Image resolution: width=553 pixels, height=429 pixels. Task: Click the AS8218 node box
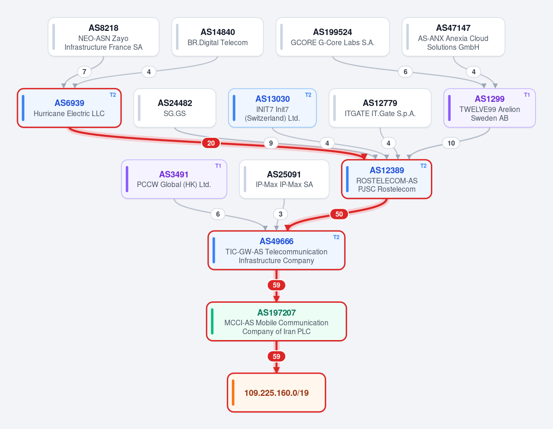click(x=104, y=37)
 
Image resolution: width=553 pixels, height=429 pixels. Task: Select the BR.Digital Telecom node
click(x=218, y=37)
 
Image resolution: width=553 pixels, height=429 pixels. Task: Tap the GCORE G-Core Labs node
click(x=333, y=37)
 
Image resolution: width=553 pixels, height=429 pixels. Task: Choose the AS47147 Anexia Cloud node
click(x=453, y=37)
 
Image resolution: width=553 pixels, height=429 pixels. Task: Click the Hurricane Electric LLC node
click(x=69, y=108)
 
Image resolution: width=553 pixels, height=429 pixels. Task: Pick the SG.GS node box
click(x=175, y=108)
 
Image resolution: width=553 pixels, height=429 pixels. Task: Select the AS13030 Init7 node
click(x=272, y=108)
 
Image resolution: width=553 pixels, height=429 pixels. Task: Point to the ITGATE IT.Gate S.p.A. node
click(x=380, y=108)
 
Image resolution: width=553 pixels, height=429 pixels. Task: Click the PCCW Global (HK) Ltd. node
click(x=174, y=179)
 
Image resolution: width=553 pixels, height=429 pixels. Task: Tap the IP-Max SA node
click(x=284, y=179)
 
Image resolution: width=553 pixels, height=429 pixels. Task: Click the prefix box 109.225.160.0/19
click(x=276, y=393)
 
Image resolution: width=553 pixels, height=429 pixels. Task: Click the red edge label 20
click(x=211, y=143)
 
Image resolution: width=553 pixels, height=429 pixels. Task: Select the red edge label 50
click(x=339, y=214)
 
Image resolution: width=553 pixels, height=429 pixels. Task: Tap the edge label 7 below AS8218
click(x=84, y=72)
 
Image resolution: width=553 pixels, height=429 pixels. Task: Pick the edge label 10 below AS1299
click(x=451, y=143)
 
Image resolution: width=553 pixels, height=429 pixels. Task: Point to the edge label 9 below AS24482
click(x=271, y=143)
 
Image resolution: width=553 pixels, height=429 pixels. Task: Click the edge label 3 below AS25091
click(x=281, y=214)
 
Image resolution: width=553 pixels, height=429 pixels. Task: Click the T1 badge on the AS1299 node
click(x=527, y=95)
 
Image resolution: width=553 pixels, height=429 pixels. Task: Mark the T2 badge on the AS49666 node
click(x=336, y=237)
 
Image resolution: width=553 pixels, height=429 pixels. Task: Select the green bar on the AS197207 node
click(x=212, y=321)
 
